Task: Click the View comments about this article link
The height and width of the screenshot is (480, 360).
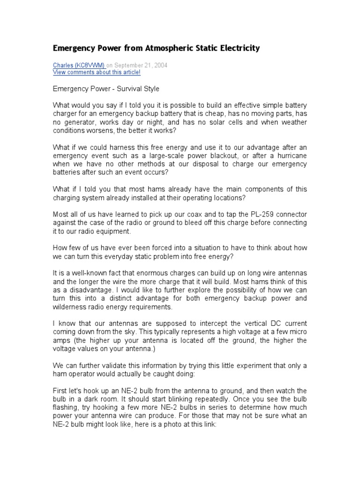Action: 97,72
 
